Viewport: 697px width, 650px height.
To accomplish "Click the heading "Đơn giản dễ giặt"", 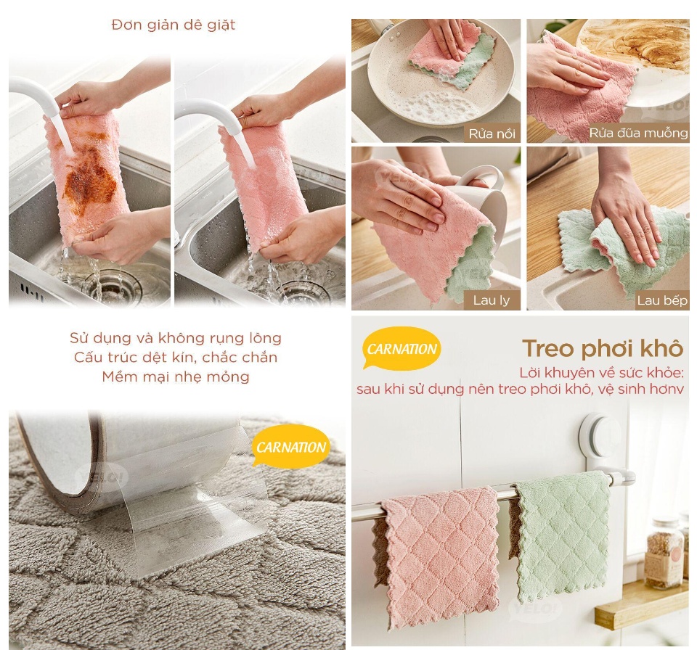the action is pos(174,25).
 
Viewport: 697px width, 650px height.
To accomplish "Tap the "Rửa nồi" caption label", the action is pos(492,133).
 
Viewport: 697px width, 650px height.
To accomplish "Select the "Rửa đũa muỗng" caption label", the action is pos(638,133).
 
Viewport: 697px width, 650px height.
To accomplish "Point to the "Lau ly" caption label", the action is pos(492,300).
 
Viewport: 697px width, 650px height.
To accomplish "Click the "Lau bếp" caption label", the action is pos(662,300).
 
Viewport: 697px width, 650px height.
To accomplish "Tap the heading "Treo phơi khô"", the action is pos(603,348).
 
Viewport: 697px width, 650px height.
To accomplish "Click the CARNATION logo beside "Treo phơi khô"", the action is pos(402,348).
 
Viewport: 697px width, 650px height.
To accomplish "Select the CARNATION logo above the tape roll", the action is pos(291,447).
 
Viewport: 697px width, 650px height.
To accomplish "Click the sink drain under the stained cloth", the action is pos(106,286).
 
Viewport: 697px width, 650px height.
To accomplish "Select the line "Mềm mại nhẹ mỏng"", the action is pos(176,377).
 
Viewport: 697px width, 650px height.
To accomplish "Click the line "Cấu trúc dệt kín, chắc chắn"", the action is pos(176,357).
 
